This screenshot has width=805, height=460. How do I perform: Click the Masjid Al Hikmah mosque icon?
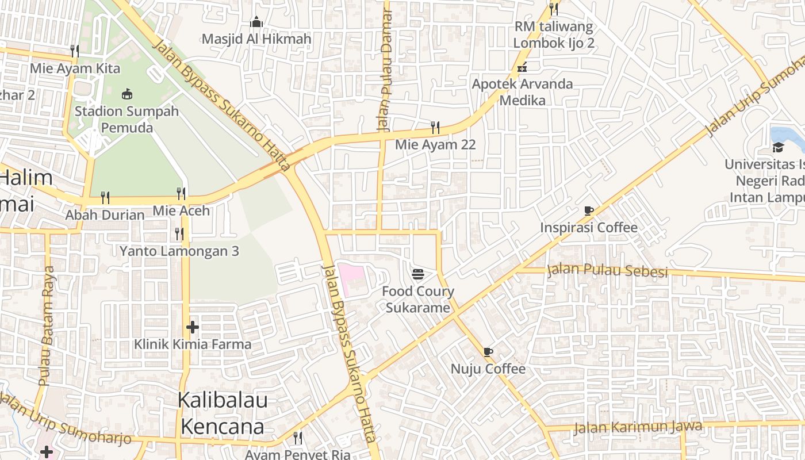pos(256,22)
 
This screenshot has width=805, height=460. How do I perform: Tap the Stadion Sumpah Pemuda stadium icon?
pos(127,94)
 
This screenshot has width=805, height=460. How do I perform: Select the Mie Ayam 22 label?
pos(435,145)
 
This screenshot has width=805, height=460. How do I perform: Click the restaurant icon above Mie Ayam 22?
pos(435,127)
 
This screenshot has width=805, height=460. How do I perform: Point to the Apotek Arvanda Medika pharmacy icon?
pos(522,67)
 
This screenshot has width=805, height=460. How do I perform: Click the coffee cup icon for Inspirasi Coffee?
pos(588,210)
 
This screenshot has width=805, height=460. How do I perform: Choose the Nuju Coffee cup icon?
pos(488,351)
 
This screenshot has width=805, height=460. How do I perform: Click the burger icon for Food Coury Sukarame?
pos(418,274)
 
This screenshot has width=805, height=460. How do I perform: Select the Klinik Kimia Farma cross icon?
pos(193,327)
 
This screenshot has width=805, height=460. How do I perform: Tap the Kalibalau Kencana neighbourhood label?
pos(223,413)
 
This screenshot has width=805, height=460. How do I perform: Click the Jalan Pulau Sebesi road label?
pos(607,270)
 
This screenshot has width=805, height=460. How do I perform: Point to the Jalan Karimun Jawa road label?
pos(638,427)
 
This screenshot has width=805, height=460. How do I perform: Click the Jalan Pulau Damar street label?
pos(384,69)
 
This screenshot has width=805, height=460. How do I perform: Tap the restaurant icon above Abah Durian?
pos(105,198)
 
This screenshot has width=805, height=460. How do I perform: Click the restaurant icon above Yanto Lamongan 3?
pos(179,233)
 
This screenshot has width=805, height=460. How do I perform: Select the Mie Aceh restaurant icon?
pos(181,193)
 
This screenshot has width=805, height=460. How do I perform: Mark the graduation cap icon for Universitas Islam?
pos(778,147)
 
